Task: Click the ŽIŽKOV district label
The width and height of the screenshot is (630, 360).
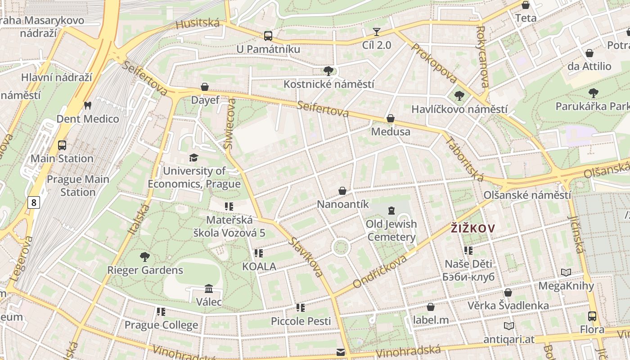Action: click(x=472, y=228)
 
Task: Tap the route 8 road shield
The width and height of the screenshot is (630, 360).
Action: click(x=33, y=202)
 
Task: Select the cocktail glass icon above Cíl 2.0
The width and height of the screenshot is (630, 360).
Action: click(x=377, y=32)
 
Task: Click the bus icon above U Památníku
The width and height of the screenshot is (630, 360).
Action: click(x=268, y=36)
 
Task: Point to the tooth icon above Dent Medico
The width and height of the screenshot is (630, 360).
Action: click(x=88, y=105)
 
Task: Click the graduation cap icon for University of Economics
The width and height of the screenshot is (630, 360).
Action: click(x=193, y=157)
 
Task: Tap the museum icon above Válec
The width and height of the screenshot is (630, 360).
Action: click(x=209, y=288)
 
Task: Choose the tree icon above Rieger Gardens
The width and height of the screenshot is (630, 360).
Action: click(x=144, y=257)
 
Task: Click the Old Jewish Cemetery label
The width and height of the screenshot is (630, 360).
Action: click(x=391, y=230)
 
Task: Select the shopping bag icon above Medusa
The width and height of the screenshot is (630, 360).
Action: click(x=390, y=118)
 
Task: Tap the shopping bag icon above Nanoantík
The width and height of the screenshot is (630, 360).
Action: click(x=342, y=191)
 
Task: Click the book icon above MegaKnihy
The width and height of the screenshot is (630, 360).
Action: click(x=566, y=272)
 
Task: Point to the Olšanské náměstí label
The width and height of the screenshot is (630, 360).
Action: click(x=527, y=195)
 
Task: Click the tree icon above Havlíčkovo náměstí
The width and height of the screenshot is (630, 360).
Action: click(x=459, y=95)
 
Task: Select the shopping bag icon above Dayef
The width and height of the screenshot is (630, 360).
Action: click(x=205, y=86)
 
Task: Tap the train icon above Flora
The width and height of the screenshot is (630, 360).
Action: click(x=592, y=316)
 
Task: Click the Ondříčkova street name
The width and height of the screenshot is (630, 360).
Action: click(x=380, y=271)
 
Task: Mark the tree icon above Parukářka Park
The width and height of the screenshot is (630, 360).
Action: click(x=593, y=93)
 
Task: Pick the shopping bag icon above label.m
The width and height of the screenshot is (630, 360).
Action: click(x=431, y=307)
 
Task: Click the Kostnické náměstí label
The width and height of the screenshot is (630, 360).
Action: click(x=328, y=84)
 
